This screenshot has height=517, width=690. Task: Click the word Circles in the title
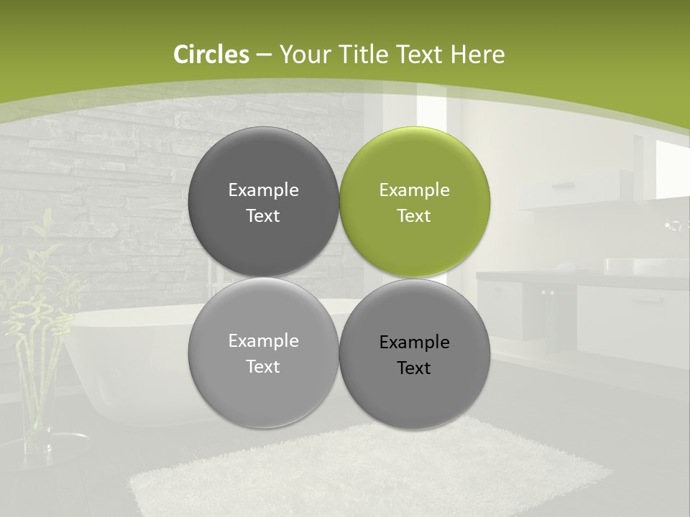(x=211, y=55)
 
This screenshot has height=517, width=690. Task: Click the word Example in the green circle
(x=415, y=190)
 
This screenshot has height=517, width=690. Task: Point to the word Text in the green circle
(x=414, y=216)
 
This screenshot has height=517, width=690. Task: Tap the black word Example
(x=415, y=343)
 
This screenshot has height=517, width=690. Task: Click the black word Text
(x=414, y=368)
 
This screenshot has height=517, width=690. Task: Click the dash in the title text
(x=264, y=55)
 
